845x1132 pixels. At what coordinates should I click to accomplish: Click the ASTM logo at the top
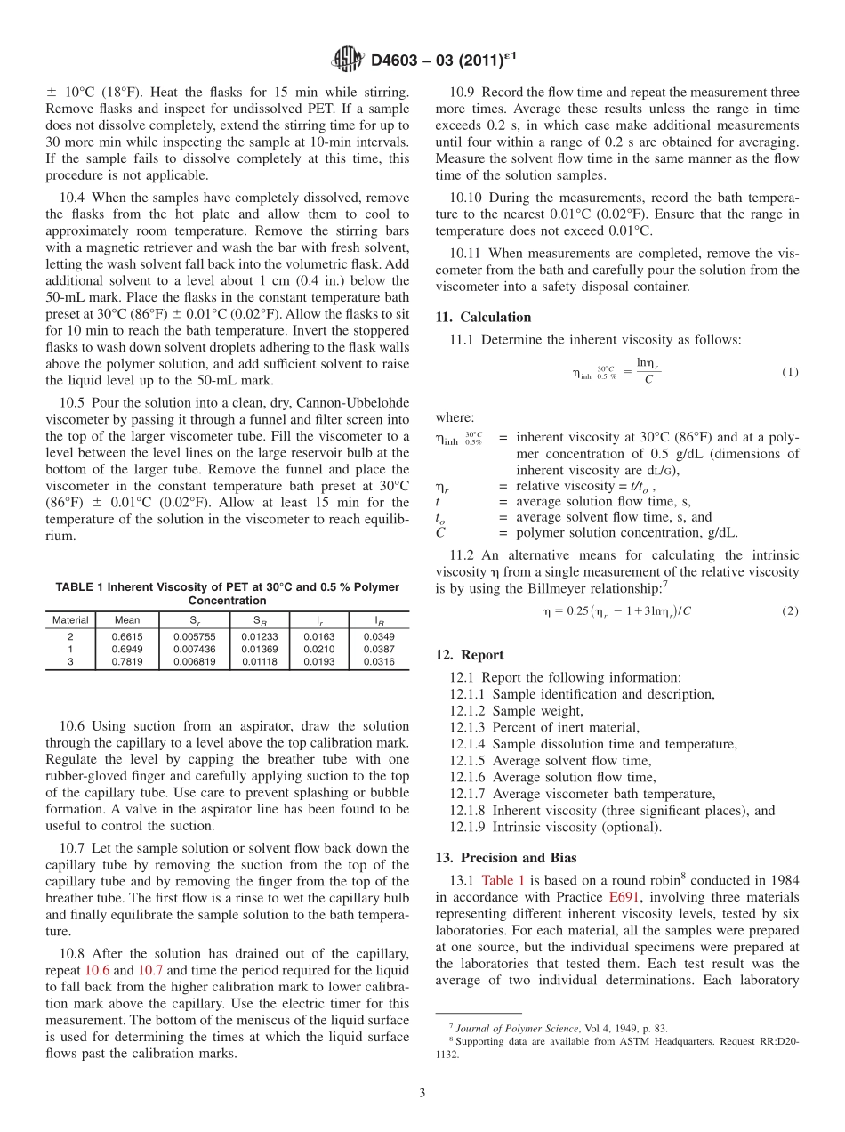pyautogui.click(x=348, y=60)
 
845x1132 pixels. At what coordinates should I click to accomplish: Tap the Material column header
pyautogui.click(x=70, y=619)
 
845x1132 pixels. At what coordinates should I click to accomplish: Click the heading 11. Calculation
pyautogui.click(x=483, y=317)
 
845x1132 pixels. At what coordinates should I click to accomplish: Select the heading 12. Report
pyautogui.click(x=470, y=655)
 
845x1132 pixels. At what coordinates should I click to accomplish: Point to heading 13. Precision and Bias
pyautogui.click(x=505, y=858)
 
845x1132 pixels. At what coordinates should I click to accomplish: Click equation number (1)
pyautogui.click(x=790, y=372)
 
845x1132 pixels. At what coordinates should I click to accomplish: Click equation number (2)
pyautogui.click(x=790, y=611)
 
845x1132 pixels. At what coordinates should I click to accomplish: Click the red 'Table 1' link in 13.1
pyautogui.click(x=503, y=880)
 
